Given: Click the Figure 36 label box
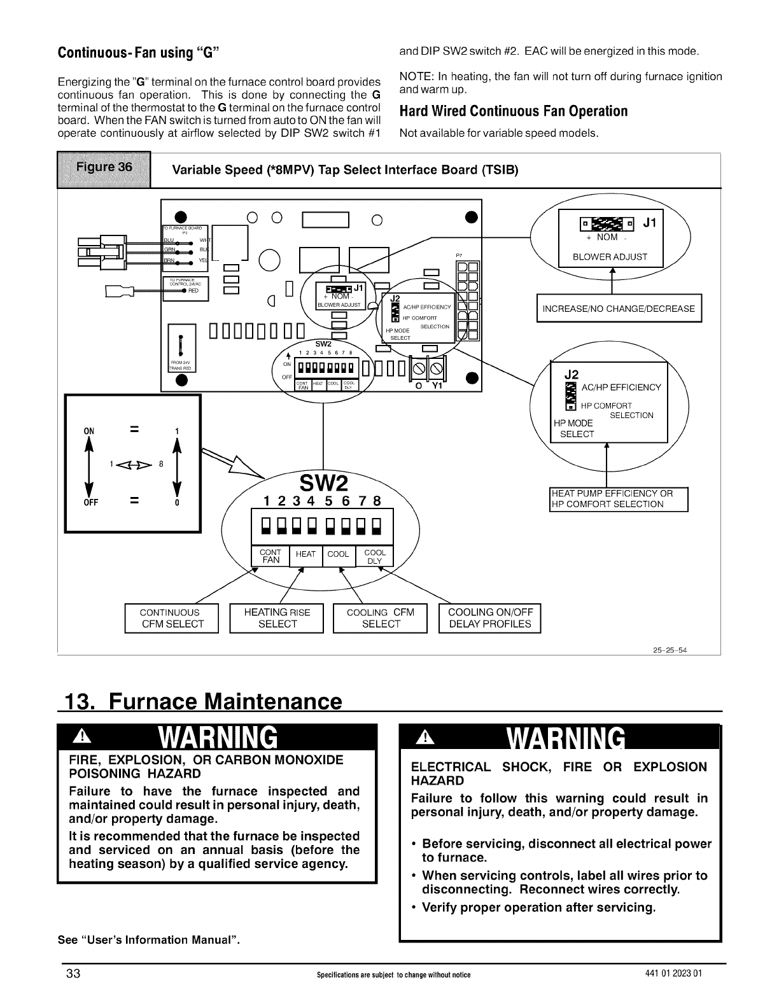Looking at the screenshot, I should (x=104, y=169).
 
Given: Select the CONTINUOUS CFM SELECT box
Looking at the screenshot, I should (x=172, y=618).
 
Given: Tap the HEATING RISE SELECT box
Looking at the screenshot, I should (x=277, y=618).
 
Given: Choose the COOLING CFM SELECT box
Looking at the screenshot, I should (x=380, y=618).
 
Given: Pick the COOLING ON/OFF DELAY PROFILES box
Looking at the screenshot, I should (x=489, y=618).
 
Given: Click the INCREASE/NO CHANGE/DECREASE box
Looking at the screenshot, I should (x=619, y=309).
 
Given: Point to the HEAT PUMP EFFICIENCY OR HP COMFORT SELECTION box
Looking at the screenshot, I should (x=618, y=499).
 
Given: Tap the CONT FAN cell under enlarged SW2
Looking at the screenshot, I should (x=271, y=556).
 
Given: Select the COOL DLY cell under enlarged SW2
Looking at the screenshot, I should (x=375, y=557).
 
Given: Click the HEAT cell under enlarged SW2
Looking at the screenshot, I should (x=305, y=554).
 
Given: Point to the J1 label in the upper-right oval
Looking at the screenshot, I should (x=649, y=223).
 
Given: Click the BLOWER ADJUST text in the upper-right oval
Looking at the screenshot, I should (x=610, y=257).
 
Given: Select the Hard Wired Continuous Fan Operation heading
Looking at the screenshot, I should (x=513, y=111).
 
